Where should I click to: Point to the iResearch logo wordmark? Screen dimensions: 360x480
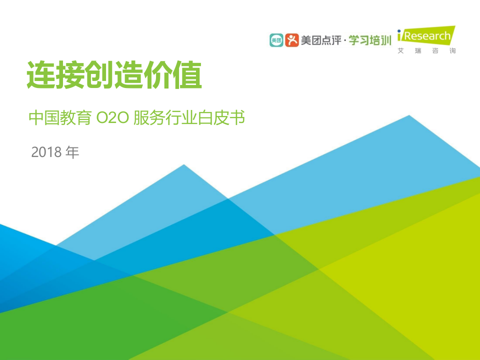426,36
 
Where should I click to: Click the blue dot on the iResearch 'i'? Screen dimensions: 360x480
399,31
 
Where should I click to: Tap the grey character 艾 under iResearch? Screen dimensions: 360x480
400,51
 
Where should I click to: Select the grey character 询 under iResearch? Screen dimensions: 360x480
452,51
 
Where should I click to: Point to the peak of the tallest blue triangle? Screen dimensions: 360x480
409,116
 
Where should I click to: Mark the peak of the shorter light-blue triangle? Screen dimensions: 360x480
184,165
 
